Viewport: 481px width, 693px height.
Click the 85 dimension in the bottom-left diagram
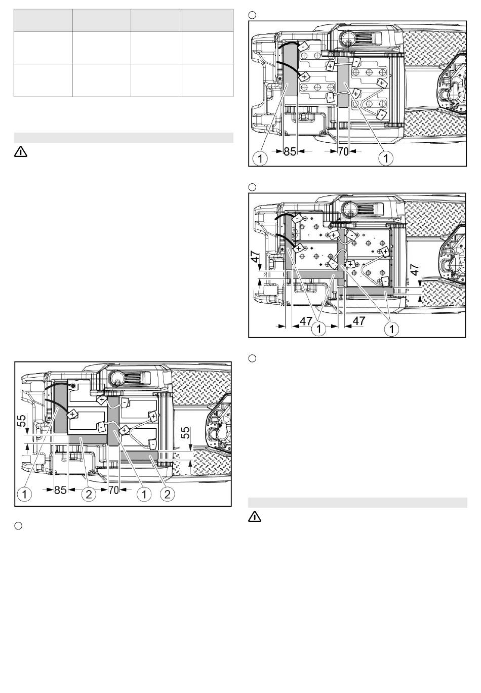tap(60, 490)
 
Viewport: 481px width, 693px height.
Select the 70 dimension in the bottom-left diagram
tap(113, 490)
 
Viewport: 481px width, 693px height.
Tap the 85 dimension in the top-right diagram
tap(290, 151)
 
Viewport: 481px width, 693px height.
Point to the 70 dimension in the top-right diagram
tap(343, 151)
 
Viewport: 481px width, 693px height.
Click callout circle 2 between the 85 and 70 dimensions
tap(89, 494)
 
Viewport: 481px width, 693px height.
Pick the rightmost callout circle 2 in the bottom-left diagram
tap(167, 494)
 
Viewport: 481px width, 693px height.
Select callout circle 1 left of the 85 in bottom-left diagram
tap(25, 494)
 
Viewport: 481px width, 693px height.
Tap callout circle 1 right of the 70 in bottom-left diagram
tap(144, 494)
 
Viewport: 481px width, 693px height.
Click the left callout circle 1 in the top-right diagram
tap(260, 158)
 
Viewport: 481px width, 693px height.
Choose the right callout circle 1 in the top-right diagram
tap(386, 158)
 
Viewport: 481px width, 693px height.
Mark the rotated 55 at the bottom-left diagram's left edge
tap(22, 421)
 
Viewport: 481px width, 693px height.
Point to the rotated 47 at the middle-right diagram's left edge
tap(255, 256)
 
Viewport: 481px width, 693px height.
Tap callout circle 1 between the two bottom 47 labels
tap(319, 329)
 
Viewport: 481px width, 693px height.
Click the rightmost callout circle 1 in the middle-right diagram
tap(391, 329)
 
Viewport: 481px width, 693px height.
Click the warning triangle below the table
tap(20, 152)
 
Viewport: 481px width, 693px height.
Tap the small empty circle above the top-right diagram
tap(252, 15)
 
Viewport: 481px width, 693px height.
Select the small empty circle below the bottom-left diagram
tap(18, 526)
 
